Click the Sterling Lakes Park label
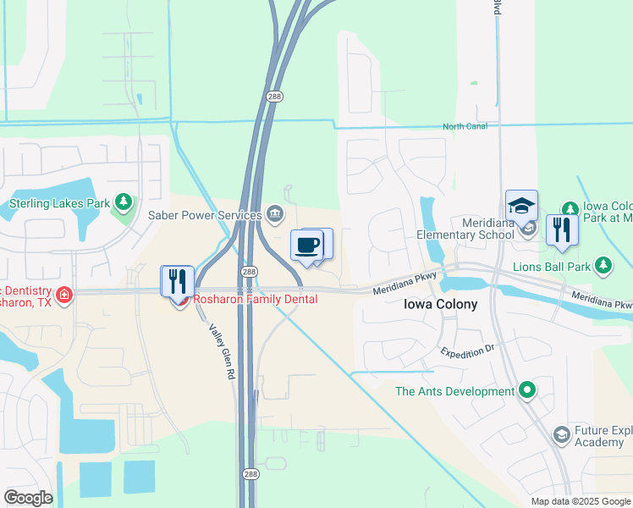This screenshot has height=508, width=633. tap(59, 203)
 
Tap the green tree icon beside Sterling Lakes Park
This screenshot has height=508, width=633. tap(124, 202)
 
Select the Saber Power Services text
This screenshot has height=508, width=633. tap(206, 216)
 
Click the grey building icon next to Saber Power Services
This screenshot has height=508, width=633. tap(274, 213)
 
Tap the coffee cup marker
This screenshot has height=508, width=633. tap(306, 245)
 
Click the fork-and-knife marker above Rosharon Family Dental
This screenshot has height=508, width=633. tap(177, 280)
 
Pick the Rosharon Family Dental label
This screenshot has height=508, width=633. tap(256, 299)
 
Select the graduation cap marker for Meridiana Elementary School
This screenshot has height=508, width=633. tap(521, 206)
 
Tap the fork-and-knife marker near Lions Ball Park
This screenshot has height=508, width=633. tap(561, 229)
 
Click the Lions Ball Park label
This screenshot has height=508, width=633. tap(550, 266)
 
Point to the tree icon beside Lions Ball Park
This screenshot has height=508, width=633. tap(603, 267)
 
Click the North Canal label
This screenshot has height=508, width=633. tap(465, 127)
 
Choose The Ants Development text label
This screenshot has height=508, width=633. tap(455, 391)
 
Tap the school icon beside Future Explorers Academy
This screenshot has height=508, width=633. tap(560, 435)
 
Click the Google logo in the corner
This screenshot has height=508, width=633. tap(28, 498)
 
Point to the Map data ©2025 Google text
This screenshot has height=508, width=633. tap(580, 501)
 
